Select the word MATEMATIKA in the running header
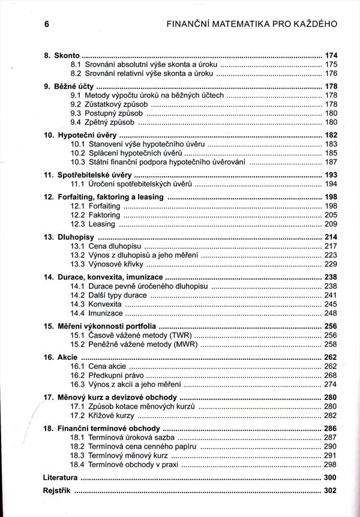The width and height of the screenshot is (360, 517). tap(232, 25)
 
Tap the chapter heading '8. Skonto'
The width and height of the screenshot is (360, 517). tap(62, 55)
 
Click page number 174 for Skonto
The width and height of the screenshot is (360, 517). tap(331, 55)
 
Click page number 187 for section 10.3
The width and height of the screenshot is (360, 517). tap(331, 162)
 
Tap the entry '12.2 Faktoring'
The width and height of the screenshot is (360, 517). tap(95, 215)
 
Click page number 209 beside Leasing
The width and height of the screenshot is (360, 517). tap(331, 224)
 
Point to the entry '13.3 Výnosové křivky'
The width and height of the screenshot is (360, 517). tap(107, 264)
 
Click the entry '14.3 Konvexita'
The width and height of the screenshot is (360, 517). tap(96, 304)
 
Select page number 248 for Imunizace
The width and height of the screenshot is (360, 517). tap(331, 313)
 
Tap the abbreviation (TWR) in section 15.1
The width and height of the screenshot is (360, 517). tap(177, 335)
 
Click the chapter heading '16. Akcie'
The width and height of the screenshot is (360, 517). tap(60, 357)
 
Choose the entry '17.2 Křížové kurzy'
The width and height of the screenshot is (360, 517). tap(103, 415)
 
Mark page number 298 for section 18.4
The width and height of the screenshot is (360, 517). tap(331, 464)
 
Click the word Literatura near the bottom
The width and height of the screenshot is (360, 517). tap(61, 478)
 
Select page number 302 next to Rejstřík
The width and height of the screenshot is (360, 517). tap(331, 491)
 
